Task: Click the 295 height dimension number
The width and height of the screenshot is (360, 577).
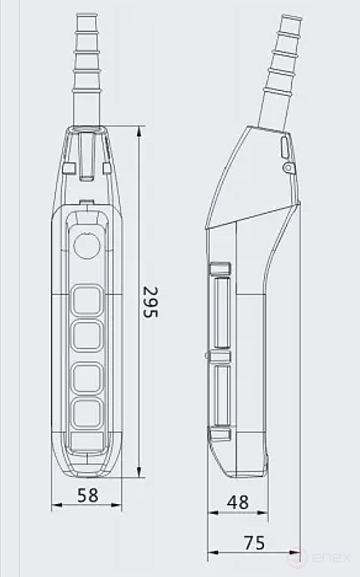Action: point(151,302)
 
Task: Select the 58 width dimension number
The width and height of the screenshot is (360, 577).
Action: point(87,495)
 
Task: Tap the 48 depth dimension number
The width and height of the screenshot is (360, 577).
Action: point(238,502)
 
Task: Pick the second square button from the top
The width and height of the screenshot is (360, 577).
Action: point(87,335)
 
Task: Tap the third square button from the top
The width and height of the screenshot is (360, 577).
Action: point(87,376)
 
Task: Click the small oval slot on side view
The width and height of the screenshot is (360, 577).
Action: point(284,148)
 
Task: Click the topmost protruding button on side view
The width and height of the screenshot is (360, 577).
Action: point(219,270)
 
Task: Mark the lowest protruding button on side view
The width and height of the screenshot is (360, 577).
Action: point(219,434)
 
